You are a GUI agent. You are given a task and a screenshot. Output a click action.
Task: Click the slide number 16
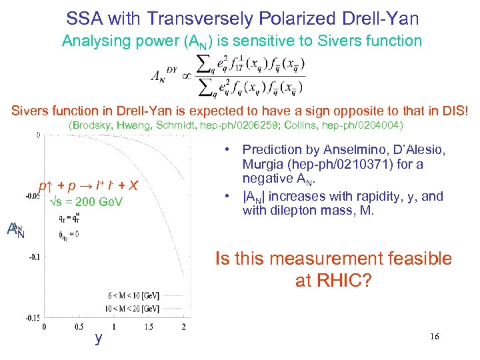(x=435, y=338)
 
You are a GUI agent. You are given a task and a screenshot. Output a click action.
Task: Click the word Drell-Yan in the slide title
(x=378, y=18)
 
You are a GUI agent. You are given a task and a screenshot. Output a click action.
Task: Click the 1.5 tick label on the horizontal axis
(x=148, y=327)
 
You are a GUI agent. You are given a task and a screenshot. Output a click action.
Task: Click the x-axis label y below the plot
(x=99, y=339)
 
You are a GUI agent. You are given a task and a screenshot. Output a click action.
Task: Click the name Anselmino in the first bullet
(x=343, y=150)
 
